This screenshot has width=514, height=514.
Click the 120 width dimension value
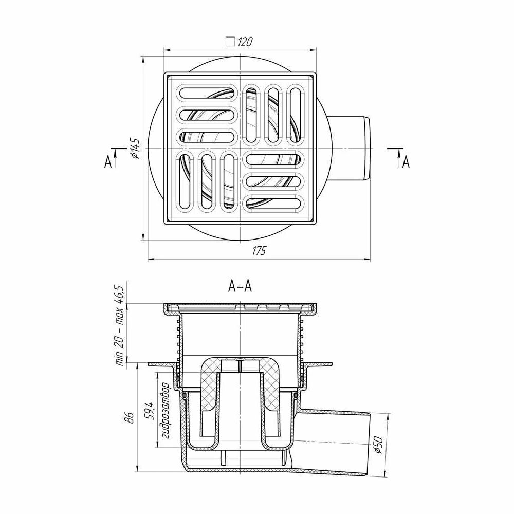click(245, 42)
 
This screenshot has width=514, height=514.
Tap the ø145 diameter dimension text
click(135, 149)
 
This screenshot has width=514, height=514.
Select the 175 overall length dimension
click(259, 251)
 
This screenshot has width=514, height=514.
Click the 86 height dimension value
click(131, 417)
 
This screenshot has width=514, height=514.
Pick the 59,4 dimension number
click(149, 409)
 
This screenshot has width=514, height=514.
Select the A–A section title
click(240, 286)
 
